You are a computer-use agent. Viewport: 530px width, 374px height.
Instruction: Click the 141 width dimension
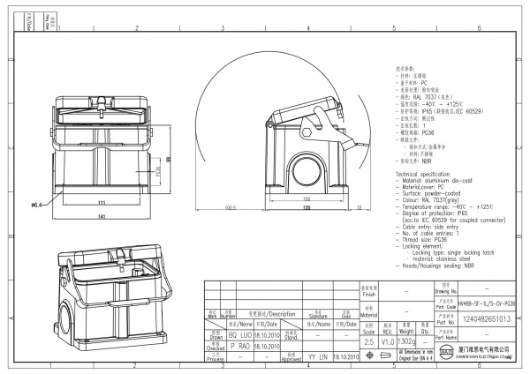102,216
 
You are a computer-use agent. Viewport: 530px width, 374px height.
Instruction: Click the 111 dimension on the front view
102,202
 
